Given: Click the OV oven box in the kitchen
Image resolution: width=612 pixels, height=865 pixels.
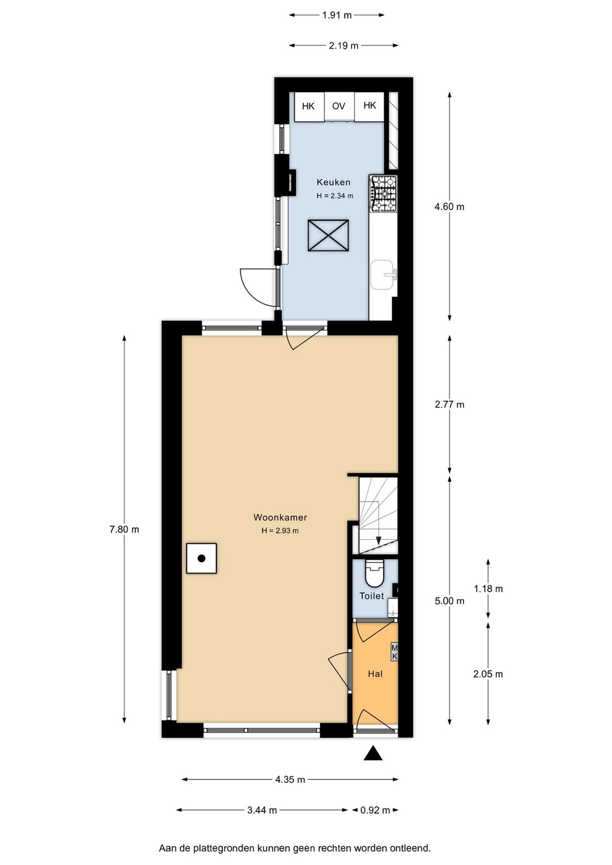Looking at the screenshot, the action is (x=339, y=106).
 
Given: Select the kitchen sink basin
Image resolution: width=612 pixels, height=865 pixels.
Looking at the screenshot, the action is (x=382, y=275).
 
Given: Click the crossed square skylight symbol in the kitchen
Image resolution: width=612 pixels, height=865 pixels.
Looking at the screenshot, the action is (x=329, y=235).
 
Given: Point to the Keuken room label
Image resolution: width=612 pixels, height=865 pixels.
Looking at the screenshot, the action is (x=333, y=182).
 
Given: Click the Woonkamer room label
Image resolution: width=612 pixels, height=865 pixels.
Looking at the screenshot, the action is (x=280, y=517).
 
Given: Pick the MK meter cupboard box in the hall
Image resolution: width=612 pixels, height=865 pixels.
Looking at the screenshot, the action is (x=394, y=652).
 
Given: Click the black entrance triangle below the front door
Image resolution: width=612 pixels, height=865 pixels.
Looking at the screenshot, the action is (x=373, y=753).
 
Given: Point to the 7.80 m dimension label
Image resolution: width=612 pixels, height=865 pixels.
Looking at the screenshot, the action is (x=124, y=530).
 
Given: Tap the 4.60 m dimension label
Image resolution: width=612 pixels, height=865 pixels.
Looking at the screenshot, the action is (x=449, y=207).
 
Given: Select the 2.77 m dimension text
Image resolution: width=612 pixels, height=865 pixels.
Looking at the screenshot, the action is (x=449, y=404).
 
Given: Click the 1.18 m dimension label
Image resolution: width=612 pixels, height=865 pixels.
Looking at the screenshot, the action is (x=488, y=589).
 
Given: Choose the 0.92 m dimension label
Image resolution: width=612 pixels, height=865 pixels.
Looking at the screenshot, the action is (x=375, y=810).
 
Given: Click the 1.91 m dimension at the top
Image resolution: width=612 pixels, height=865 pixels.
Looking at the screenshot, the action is (x=337, y=15).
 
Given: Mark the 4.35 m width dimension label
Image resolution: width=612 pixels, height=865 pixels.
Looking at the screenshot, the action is (x=290, y=779).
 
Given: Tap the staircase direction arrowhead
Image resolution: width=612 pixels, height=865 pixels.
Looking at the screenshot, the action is (x=379, y=540).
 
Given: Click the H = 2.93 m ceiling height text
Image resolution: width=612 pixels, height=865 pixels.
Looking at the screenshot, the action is (x=280, y=531).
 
